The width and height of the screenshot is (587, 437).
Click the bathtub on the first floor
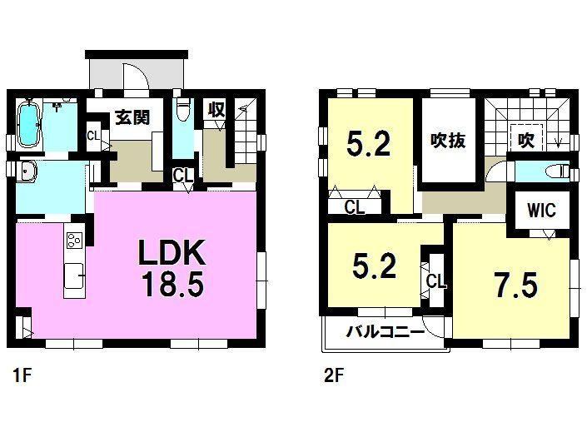click(29, 124)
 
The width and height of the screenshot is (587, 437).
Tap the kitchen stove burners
click(74, 240)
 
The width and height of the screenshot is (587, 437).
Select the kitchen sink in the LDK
click(74, 276)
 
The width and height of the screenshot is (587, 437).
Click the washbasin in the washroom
click(26, 172)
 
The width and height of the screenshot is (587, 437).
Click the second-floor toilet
click(557, 172)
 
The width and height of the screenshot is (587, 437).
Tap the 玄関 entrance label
click(132, 117)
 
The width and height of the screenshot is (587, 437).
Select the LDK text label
click(172, 252)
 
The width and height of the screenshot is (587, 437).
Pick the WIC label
click(541, 210)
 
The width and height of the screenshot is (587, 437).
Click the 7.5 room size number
click(516, 286)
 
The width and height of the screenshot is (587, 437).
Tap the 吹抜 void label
click(448, 141)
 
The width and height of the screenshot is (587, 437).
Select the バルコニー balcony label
click(385, 331)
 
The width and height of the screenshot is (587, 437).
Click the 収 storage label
click(216, 110)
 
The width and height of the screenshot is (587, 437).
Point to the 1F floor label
click(22, 375)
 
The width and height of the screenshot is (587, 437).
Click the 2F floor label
click(334, 375)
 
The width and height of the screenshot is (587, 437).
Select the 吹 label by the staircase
click(526, 141)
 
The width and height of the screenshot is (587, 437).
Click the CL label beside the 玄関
click(93, 136)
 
